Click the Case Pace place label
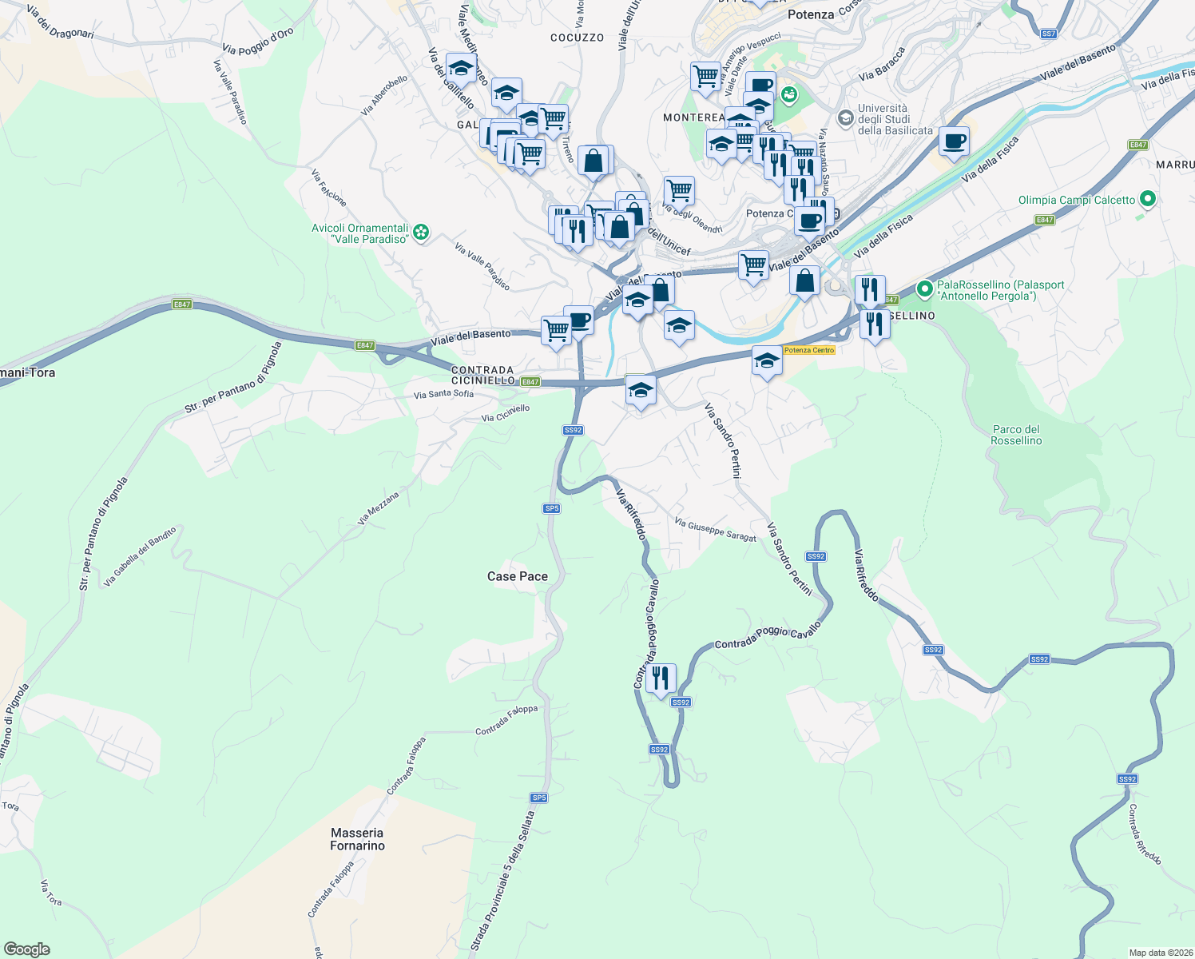pyautogui.click(x=518, y=576)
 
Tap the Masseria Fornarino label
pyautogui.click(x=357, y=839)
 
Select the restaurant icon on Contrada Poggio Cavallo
pyautogui.click(x=661, y=678)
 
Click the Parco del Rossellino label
pyautogui.click(x=1016, y=435)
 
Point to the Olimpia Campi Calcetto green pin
pyautogui.click(x=1148, y=199)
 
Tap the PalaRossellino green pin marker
pyautogui.click(x=925, y=288)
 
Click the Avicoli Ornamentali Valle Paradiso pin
pyautogui.click(x=421, y=233)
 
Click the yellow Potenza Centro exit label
pyautogui.click(x=808, y=350)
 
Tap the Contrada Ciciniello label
pyautogui.click(x=482, y=376)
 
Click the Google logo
pyautogui.click(x=27, y=949)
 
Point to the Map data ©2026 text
pyautogui.click(x=1158, y=953)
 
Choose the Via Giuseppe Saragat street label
pyautogui.click(x=715, y=530)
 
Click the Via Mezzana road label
pyautogui.click(x=378, y=508)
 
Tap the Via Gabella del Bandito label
pyautogui.click(x=140, y=556)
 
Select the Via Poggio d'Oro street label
pyautogui.click(x=258, y=42)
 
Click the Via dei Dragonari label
pyautogui.click(x=60, y=22)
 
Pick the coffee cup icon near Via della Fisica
pyautogui.click(x=954, y=142)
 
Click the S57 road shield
pyautogui.click(x=1049, y=34)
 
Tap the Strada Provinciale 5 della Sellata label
pyautogui.click(x=503, y=879)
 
